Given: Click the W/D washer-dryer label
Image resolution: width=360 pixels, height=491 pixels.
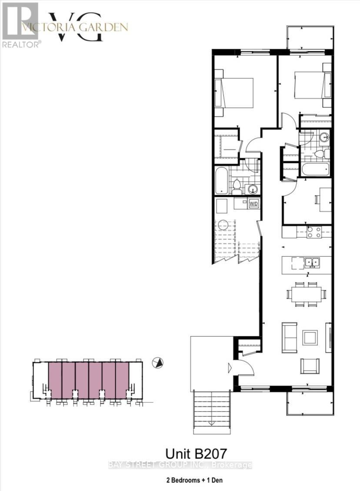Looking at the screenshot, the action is click(x=253, y=204).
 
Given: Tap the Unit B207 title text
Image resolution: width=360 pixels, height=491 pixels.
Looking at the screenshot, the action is click(x=196, y=454).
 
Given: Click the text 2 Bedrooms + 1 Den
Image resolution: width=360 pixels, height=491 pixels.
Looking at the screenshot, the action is click(x=195, y=480).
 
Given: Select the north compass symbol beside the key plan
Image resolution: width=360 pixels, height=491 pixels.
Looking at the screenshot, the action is click(x=157, y=363).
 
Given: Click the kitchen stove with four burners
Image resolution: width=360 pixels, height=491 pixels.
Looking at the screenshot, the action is click(x=314, y=232).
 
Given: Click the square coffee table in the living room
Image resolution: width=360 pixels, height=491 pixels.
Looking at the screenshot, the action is click(x=310, y=338).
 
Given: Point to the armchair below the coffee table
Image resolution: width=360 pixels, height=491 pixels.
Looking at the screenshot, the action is click(x=310, y=366).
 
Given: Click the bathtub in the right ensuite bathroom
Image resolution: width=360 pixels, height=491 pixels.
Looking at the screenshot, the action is click(x=315, y=170).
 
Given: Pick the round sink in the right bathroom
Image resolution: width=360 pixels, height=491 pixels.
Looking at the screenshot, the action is click(x=325, y=136).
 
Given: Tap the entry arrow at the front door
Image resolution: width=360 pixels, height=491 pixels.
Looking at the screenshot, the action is click(x=229, y=367).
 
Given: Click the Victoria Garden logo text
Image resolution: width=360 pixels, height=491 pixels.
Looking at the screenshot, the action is click(x=75, y=27).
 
